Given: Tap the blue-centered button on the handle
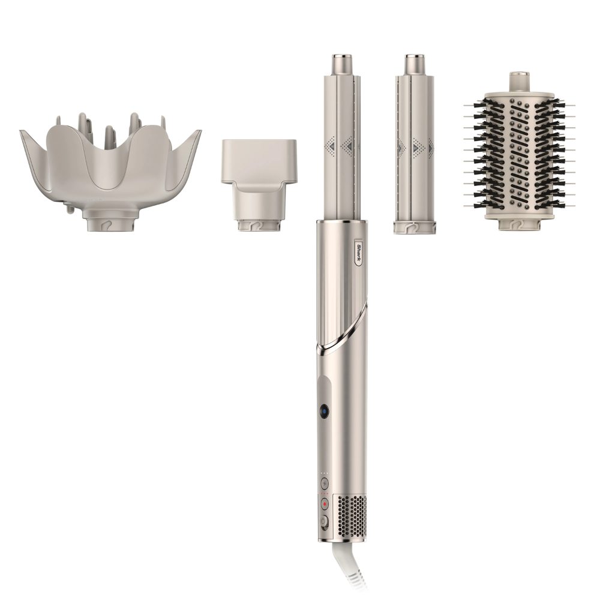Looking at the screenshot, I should click(x=325, y=412).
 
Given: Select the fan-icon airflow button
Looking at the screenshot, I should click(x=325, y=483).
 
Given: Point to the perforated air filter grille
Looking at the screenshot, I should click(x=351, y=514).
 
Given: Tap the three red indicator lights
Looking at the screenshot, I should click(x=324, y=493).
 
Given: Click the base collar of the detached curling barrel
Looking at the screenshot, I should click(x=414, y=227).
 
